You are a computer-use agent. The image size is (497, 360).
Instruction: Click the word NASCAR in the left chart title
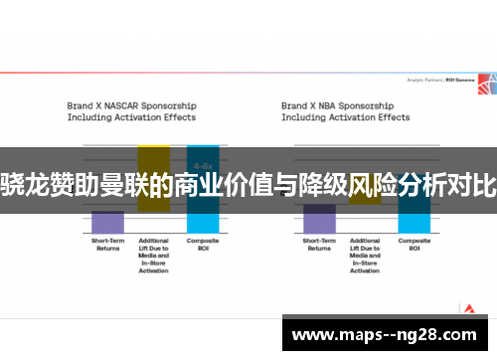point(122,103)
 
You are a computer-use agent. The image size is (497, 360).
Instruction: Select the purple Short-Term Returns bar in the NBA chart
point(319,211)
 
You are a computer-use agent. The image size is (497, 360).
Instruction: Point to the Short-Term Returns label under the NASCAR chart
point(107,244)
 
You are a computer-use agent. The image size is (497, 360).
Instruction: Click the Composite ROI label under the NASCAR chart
point(203,244)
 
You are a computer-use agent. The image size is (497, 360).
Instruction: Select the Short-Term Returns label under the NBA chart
point(319,244)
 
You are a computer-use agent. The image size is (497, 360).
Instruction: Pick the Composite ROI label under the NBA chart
point(414,244)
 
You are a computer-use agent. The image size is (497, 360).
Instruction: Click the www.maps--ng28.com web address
point(386,334)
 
